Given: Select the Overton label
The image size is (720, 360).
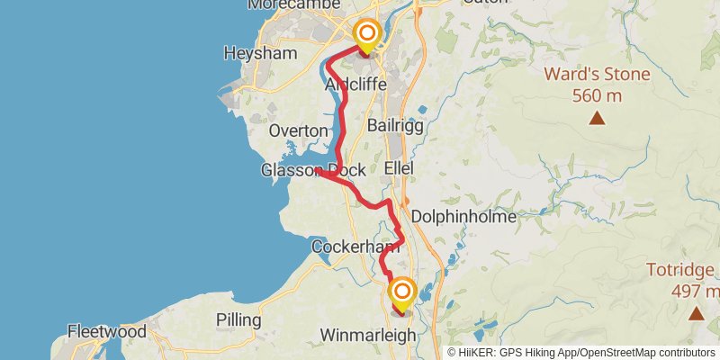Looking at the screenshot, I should click(x=298, y=130).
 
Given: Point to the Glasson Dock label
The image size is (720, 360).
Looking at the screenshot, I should click(x=313, y=169).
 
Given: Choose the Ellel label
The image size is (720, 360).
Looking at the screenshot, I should click(x=399, y=168).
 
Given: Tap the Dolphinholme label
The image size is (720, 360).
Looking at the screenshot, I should click(x=463, y=217).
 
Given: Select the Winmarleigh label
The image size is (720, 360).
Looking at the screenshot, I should click(x=368, y=336).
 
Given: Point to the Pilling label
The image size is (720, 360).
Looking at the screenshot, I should click(x=238, y=319).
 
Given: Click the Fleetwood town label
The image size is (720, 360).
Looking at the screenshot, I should click(x=106, y=331).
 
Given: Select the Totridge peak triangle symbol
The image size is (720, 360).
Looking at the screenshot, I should click(x=696, y=313).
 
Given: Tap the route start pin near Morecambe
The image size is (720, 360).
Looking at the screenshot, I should click(x=367, y=37).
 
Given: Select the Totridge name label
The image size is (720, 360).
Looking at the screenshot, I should click(x=682, y=269).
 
